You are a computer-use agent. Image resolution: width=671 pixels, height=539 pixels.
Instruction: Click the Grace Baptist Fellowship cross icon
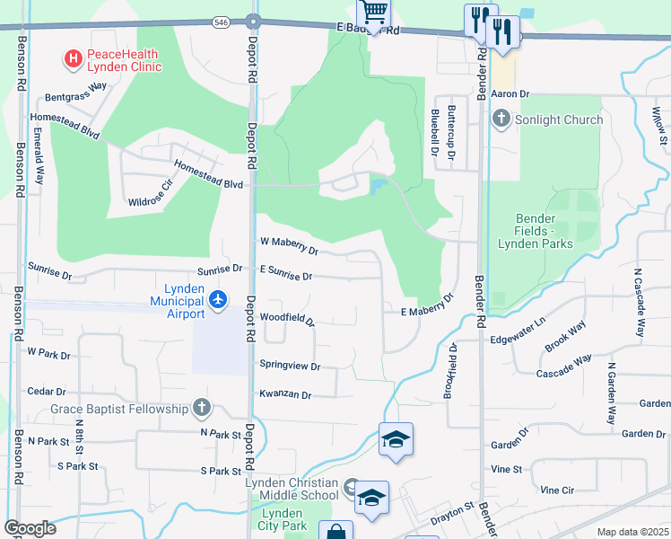tap(201, 410)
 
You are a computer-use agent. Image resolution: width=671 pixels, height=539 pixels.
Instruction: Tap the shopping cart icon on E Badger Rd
tap(374, 13)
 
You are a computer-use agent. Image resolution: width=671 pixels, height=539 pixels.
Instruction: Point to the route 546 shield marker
tap(222, 20)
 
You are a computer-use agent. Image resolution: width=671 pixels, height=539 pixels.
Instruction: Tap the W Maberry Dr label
tap(288, 244)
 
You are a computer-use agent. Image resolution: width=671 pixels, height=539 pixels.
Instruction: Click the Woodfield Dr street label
tap(286, 319)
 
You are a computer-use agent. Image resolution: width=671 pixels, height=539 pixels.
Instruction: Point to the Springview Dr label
tap(290, 366)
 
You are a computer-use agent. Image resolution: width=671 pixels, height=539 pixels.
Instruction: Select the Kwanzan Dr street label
tap(284, 394)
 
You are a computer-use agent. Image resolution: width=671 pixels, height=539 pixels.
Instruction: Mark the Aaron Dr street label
tap(512, 93)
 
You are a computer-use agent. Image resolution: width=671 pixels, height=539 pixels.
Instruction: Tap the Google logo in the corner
tap(29, 527)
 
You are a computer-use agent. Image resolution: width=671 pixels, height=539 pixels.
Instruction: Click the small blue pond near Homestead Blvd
tap(379, 186)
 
